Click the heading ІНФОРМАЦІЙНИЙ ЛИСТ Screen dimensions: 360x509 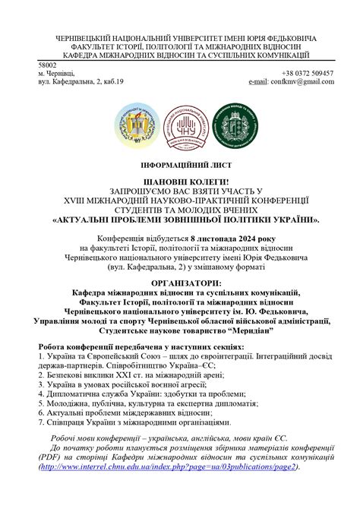(179, 165)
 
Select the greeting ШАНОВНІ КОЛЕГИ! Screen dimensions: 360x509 (179, 182)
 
